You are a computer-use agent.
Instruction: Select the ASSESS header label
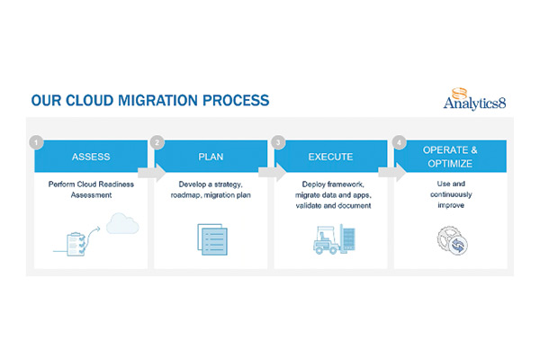pyautogui.click(x=91, y=156)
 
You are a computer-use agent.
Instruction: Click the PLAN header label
pyautogui.click(x=211, y=156)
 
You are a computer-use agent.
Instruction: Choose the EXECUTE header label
pyautogui.click(x=330, y=156)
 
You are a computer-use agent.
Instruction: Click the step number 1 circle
pyautogui.click(x=36, y=141)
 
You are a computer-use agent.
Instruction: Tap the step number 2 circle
pyautogui.click(x=157, y=141)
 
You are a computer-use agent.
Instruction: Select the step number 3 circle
pyautogui.click(x=277, y=141)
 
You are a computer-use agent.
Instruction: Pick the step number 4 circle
pyautogui.click(x=397, y=141)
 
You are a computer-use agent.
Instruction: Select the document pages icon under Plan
pyautogui.click(x=211, y=236)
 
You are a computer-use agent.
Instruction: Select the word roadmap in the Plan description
pyautogui.click(x=190, y=195)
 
